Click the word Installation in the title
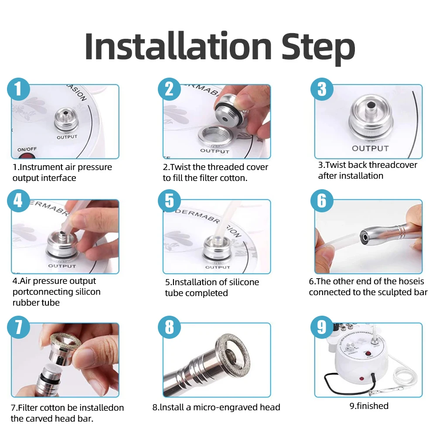pyautogui.click(x=178, y=47)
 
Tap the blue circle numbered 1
pyautogui.click(x=19, y=89)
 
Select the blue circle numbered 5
pyautogui.click(x=169, y=201)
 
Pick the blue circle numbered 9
pyautogui.click(x=322, y=327)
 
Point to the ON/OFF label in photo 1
pyautogui.click(x=27, y=149)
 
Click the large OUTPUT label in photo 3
pyautogui.click(x=370, y=149)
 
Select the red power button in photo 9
pyautogui.click(x=369, y=354)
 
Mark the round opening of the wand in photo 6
pyautogui.click(x=364, y=238)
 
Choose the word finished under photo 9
pyautogui.click(x=372, y=406)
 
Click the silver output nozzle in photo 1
pyautogui.click(x=66, y=119)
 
